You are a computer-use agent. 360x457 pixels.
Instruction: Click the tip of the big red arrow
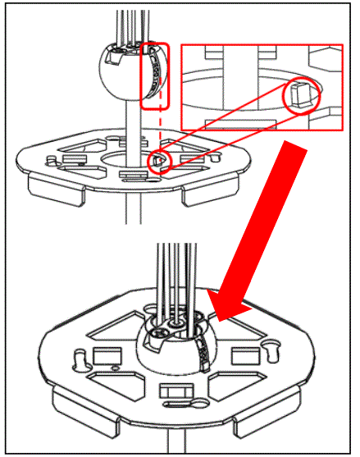[216, 315]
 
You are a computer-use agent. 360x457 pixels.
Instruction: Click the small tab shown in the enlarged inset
[299, 97]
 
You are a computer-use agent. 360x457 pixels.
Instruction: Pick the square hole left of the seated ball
[104, 354]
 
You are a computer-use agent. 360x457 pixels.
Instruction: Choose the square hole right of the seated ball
[244, 354]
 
